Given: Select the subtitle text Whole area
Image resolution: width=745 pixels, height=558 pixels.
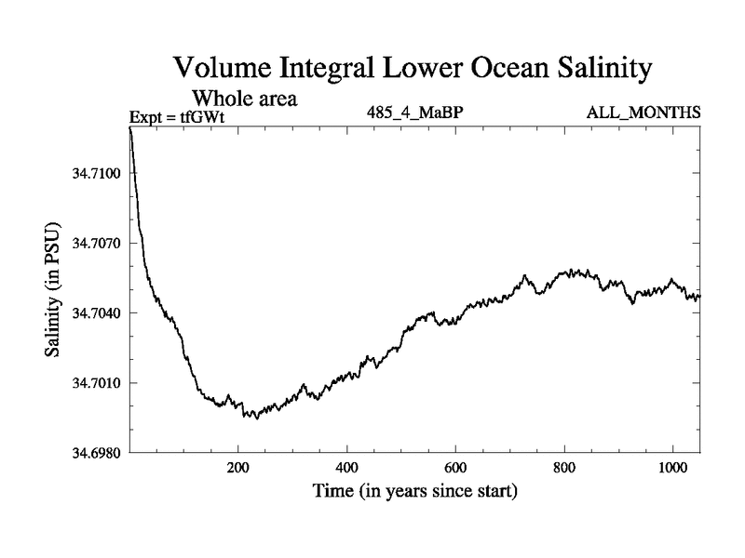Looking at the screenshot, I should pos(244,98).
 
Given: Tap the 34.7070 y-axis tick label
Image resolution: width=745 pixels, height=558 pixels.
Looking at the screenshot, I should pos(95,243).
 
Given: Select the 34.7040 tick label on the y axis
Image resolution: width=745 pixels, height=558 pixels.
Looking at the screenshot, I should pos(95,312).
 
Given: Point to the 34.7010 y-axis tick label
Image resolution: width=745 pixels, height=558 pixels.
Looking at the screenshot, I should pos(95,382).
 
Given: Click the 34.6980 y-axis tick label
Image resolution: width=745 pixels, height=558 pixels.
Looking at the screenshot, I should pos(95,452).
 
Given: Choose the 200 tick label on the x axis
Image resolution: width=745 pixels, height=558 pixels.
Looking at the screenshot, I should pos(238,467).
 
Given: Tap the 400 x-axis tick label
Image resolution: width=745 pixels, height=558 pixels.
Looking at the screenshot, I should pos(347,467).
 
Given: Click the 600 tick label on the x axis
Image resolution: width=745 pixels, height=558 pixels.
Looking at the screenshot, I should pos(455,467).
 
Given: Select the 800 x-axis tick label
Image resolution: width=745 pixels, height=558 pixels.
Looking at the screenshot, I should pos(564,467).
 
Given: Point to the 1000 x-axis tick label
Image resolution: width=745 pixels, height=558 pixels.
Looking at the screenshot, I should pos(672,467).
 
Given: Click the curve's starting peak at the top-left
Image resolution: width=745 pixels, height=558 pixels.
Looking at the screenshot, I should pos(130,127).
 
